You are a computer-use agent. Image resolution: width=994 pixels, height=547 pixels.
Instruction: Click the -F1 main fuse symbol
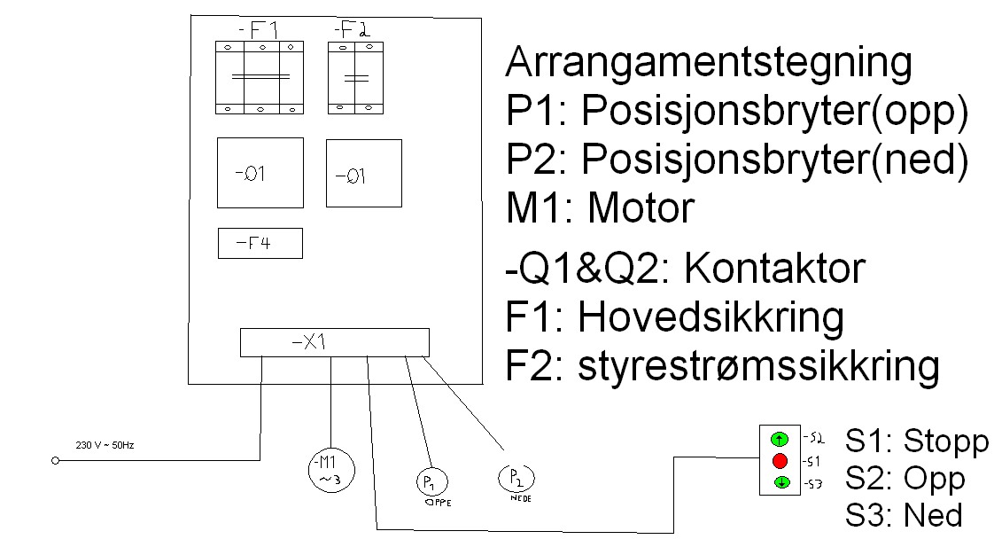[260, 77]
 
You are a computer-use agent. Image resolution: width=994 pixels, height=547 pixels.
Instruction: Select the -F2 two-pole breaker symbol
[354, 77]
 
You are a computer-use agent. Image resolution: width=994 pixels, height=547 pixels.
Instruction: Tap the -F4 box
[260, 243]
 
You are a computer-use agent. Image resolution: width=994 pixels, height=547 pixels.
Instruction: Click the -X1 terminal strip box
[334, 342]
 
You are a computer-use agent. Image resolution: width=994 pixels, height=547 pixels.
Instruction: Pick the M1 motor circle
[331, 469]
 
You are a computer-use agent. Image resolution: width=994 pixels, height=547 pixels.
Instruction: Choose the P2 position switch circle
[516, 479]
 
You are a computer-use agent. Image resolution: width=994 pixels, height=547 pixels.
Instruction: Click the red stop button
[780, 461]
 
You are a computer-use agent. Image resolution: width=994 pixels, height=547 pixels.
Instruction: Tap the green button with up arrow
[780, 439]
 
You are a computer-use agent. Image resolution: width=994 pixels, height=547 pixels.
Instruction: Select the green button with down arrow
[780, 483]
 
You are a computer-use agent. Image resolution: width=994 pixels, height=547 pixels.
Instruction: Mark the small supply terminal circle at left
[55, 461]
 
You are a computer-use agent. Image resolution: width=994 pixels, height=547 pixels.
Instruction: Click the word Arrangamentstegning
[708, 64]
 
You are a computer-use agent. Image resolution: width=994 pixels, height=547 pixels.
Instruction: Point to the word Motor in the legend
[641, 209]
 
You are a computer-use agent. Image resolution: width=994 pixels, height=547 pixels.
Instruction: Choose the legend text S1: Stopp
[915, 442]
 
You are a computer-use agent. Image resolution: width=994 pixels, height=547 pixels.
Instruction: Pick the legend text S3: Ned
[903, 514]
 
